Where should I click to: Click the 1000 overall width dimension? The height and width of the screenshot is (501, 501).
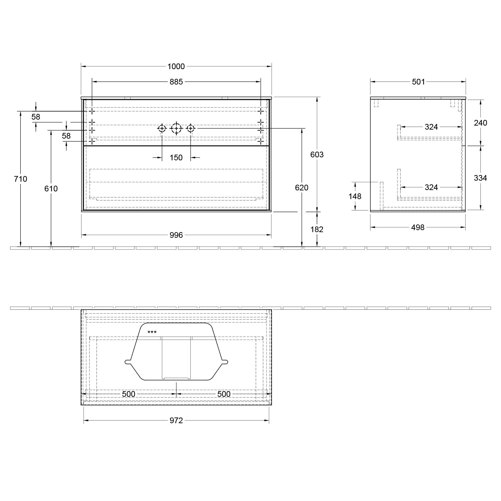176,66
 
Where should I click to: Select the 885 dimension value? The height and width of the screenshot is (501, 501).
176,81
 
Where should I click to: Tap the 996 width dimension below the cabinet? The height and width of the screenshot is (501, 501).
176,235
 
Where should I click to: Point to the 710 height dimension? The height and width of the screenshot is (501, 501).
20,179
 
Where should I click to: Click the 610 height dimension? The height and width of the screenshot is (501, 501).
51,189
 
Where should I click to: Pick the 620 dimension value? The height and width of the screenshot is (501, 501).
302,188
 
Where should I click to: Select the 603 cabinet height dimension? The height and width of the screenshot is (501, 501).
317,155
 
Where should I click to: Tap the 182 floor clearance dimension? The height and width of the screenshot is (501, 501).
317,229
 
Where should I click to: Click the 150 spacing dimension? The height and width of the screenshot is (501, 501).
176,158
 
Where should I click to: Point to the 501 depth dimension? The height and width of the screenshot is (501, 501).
418,82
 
